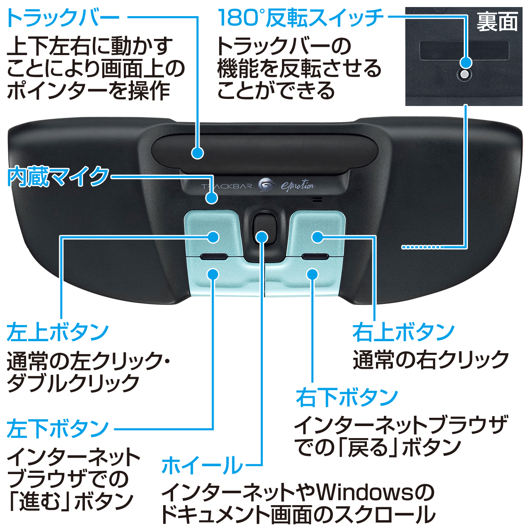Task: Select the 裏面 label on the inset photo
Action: pyautogui.click(x=497, y=22)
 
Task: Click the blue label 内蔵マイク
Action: pyautogui.click(x=58, y=177)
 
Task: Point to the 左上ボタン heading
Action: pyautogui.click(x=58, y=332)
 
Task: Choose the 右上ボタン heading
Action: pyautogui.click(x=403, y=332)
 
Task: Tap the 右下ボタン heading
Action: pyautogui.click(x=347, y=397)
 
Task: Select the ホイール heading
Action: pyautogui.click(x=202, y=465)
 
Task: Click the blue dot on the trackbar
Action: pyautogui.click(x=198, y=153)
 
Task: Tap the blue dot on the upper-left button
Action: pyautogui.click(x=213, y=237)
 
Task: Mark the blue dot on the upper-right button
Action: pyautogui.click(x=317, y=237)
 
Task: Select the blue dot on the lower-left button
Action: pyautogui.click(x=213, y=274)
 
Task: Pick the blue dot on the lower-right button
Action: pyautogui.click(x=313, y=274)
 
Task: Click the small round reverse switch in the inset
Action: pyautogui.click(x=465, y=75)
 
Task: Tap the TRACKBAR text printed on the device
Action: pyautogui.click(x=226, y=186)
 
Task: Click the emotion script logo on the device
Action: pyautogui.click(x=297, y=186)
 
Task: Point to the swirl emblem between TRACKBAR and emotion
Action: pyautogui.click(x=266, y=185)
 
